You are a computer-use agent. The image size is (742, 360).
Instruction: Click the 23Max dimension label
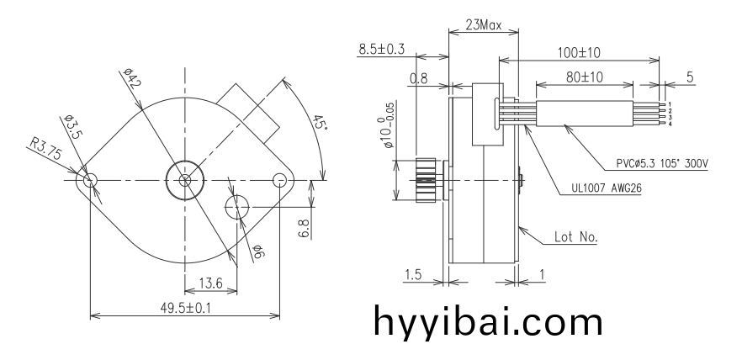coord(483,24)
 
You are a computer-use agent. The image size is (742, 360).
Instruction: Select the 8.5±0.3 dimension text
coord(382,49)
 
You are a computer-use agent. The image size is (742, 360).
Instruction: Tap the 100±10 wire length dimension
coord(579,52)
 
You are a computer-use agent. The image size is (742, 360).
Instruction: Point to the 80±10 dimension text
coord(585,77)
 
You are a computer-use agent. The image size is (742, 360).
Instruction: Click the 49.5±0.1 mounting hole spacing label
coord(185,308)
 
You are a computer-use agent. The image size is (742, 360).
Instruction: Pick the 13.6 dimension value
coord(210,283)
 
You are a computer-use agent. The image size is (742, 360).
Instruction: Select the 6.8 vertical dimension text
coord(305,229)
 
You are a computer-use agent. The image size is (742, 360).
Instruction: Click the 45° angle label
coord(319,122)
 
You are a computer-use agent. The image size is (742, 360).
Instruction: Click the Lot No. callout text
coord(576,236)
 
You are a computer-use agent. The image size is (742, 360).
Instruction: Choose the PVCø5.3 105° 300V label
coord(662,164)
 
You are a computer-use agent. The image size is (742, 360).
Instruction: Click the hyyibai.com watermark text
coord(488,321)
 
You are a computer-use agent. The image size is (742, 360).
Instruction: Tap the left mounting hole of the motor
coord(90,180)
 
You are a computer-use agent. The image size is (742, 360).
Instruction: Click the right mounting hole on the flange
coord(279,180)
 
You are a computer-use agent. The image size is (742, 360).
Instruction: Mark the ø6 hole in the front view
coord(237,207)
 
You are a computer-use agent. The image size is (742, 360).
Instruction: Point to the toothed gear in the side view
coord(425,180)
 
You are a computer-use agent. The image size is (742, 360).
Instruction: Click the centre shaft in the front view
coord(185,180)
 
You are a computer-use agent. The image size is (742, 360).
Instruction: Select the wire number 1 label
coord(670,104)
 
